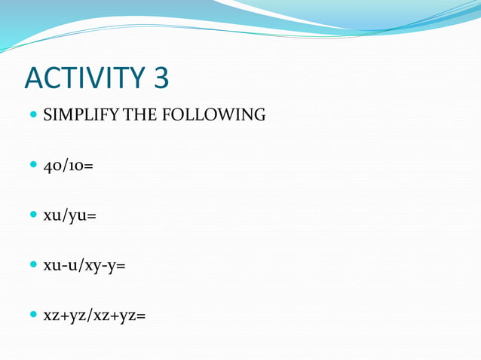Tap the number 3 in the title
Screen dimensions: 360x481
click(158, 79)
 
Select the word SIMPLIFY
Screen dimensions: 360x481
click(78, 115)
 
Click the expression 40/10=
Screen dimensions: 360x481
click(68, 165)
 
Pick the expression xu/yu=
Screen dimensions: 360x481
click(69, 215)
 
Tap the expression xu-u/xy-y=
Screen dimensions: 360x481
click(84, 266)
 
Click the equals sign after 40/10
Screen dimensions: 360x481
click(89, 166)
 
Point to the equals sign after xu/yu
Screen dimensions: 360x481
click(91, 216)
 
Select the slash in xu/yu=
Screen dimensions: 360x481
click(65, 215)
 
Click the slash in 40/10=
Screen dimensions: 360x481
click(65, 165)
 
